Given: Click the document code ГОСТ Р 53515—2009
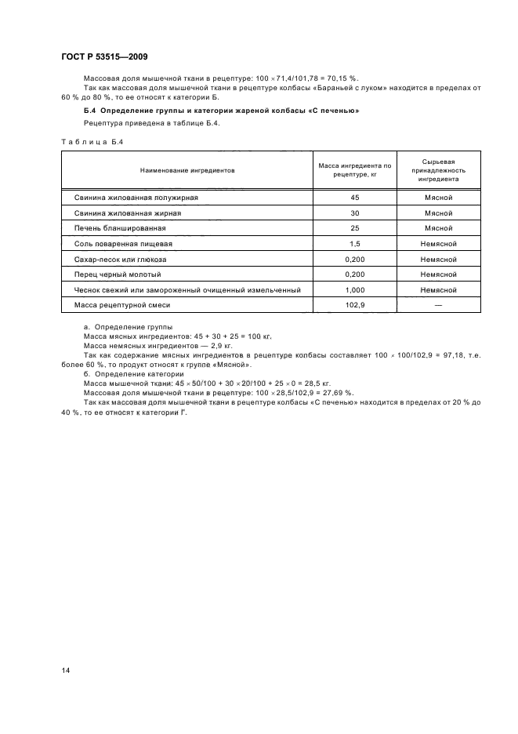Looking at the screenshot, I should (x=104, y=57).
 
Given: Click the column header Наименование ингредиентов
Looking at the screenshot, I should (x=187, y=169).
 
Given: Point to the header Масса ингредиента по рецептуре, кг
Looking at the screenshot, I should (x=354, y=169).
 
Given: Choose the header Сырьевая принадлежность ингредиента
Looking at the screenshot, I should (x=439, y=169).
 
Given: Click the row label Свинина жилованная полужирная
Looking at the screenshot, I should (x=136, y=198).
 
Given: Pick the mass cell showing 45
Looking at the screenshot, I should (x=354, y=198).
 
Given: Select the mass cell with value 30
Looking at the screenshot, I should (x=354, y=213).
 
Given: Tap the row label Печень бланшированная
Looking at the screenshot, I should (x=119, y=228).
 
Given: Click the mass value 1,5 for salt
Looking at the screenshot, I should (x=354, y=244).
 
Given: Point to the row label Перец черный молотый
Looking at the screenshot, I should (x=118, y=274).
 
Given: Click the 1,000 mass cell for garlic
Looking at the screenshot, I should (x=354, y=290).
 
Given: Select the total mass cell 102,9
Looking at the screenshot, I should (x=354, y=305).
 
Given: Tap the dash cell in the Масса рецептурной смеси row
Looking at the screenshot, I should (x=439, y=305).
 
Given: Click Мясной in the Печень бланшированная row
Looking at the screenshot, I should (x=439, y=228).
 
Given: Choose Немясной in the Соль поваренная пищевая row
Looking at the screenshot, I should (x=439, y=244).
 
